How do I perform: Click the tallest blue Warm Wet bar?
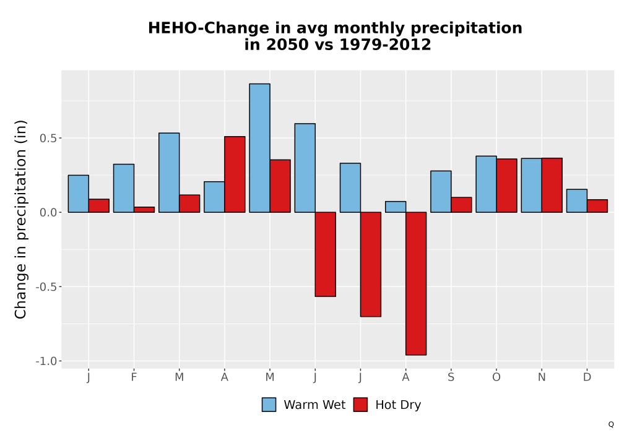tap(260, 148)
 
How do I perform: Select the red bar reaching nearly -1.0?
tap(416, 283)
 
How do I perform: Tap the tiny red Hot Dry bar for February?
tap(144, 210)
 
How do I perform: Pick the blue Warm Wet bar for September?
tap(441, 192)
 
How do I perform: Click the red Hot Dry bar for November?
tap(552, 186)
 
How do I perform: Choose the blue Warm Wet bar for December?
tap(577, 200)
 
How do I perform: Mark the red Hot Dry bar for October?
tap(506, 186)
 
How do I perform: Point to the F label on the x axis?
tap(134, 377)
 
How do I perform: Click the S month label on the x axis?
tap(451, 377)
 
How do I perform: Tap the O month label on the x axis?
tap(496, 377)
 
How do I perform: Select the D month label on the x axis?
tap(587, 377)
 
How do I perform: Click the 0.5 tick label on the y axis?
tap(48, 139)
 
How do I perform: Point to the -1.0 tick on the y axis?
tap(46, 361)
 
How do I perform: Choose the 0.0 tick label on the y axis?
tap(48, 213)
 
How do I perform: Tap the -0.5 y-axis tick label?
tap(46, 287)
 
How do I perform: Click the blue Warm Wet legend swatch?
tap(269, 405)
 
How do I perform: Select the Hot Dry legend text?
tap(398, 405)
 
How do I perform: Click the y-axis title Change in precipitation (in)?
tap(20, 219)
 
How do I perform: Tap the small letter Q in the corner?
tap(611, 425)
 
